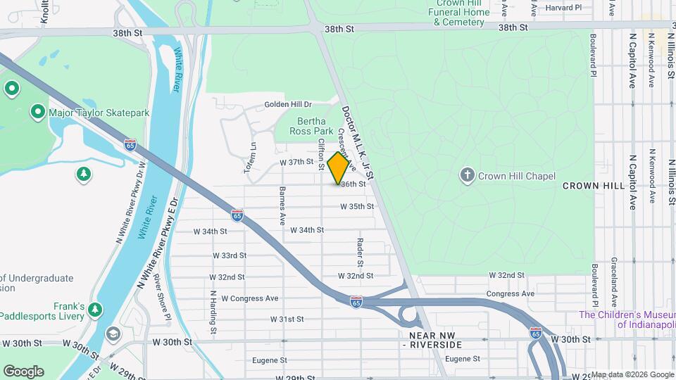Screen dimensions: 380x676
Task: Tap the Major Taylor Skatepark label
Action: tap(86, 113)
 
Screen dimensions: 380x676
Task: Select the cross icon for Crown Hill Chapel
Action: tap(467, 176)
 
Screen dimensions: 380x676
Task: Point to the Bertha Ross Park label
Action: tap(314, 126)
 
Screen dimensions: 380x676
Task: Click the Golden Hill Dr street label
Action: tap(287, 104)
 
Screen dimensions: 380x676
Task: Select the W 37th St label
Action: tap(296, 162)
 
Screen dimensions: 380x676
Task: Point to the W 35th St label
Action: tap(356, 207)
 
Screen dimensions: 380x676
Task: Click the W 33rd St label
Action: tap(229, 255)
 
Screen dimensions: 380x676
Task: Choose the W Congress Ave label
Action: tap(250, 298)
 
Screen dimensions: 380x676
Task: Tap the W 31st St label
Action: tap(287, 319)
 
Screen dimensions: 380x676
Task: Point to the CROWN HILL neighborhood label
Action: tap(594, 186)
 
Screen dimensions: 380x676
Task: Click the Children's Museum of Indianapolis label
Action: tap(627, 319)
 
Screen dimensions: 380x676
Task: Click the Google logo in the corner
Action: tap(23, 372)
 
